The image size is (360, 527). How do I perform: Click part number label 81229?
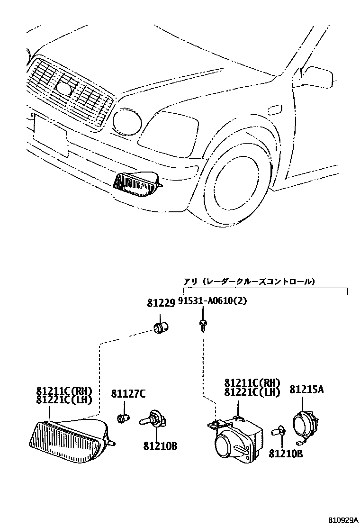pos(161,303)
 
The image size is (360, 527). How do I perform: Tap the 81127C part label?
pos(128,393)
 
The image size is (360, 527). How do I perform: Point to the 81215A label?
pos(306,390)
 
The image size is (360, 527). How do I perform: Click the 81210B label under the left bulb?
pos(160,446)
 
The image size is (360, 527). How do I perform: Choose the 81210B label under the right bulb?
pos(286,454)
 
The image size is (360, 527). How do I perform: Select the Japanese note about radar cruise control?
pos(249,282)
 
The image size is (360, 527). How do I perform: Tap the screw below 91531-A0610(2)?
pos(203,325)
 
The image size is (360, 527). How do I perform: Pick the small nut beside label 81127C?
pos(124,418)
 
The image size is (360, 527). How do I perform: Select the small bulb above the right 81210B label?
pos(277,432)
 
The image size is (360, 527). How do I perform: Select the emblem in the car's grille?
pos(63,87)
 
